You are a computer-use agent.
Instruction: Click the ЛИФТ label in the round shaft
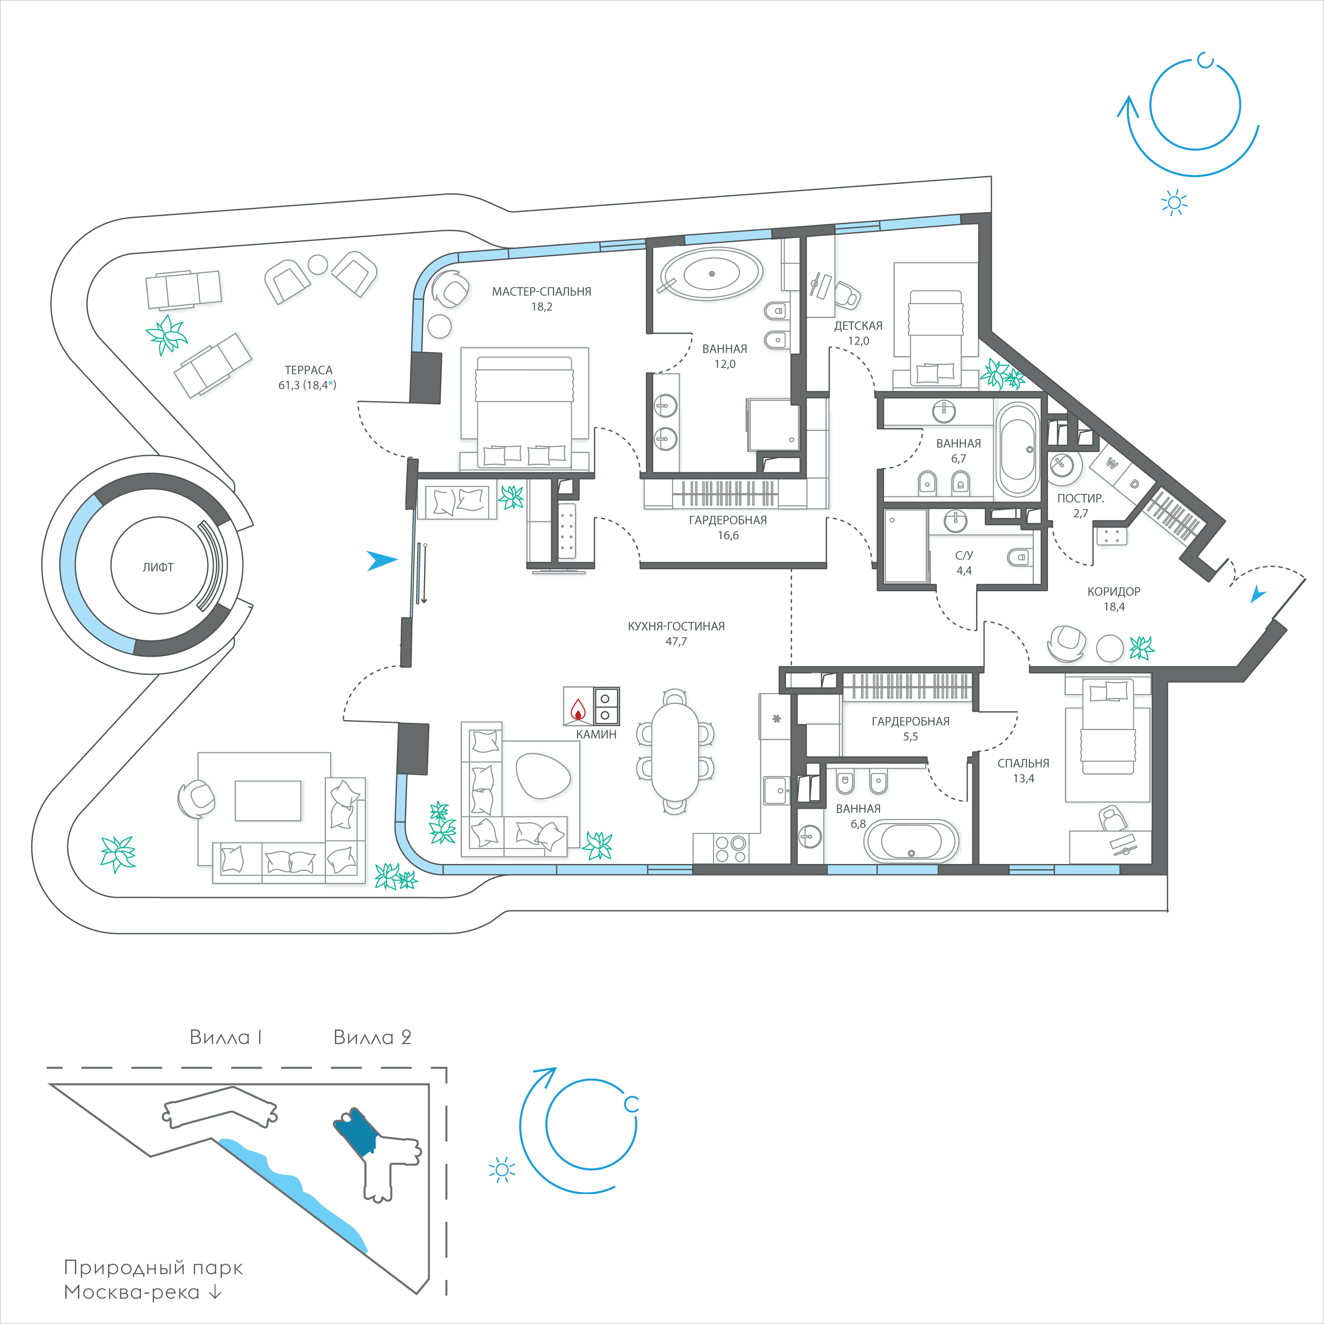[x=158, y=567]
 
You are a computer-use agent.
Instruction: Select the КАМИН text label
[x=596, y=735]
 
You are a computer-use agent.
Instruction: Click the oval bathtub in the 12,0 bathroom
[x=711, y=274]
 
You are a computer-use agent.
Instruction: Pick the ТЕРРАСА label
[x=308, y=370]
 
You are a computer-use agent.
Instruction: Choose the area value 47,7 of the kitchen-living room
[x=676, y=641]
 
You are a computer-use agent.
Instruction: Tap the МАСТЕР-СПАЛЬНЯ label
[x=541, y=291]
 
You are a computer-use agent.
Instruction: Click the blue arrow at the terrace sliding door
[x=382, y=560]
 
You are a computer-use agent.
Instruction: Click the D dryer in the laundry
[x=1134, y=484]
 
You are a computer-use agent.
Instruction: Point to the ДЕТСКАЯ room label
[x=858, y=326]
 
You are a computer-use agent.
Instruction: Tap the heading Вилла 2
[x=372, y=1038]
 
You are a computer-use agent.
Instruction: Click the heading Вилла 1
[x=226, y=1038]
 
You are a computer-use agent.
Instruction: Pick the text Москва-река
[x=132, y=1293]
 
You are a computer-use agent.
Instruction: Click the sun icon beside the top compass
[x=1175, y=202]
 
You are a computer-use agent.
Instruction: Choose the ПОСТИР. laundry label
[x=1081, y=498]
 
